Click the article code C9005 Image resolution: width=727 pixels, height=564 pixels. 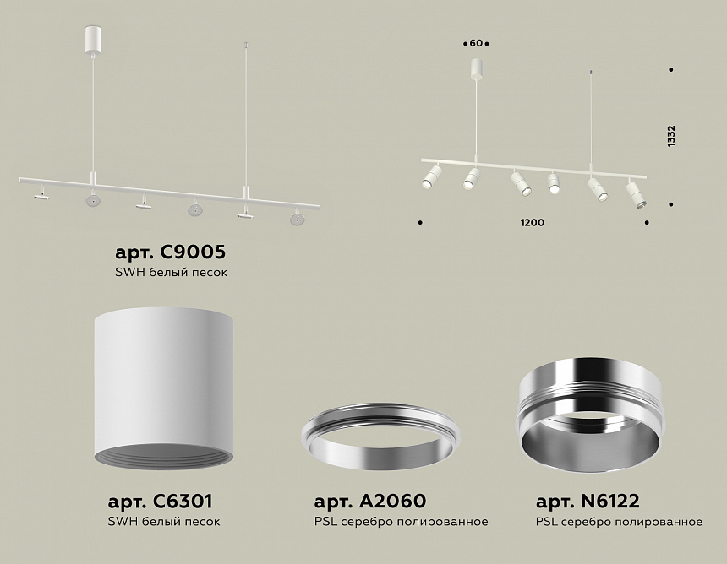click(193, 252)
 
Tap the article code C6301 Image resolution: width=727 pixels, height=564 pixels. click(183, 501)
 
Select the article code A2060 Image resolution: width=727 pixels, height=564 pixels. click(393, 501)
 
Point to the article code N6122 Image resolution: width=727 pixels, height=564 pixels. click(610, 501)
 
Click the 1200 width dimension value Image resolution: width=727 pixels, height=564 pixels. click(533, 223)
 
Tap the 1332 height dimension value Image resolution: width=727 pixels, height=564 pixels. click(671, 136)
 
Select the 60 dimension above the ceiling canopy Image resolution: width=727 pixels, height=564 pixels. click(476, 44)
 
